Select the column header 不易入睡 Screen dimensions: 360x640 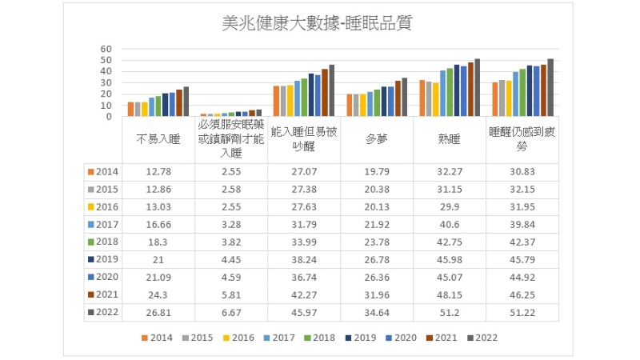coord(158,138)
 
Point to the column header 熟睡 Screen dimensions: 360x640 coord(450,138)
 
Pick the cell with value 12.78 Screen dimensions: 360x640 coord(158,171)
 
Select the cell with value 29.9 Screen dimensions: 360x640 coord(450,206)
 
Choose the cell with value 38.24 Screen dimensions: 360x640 coord(304,259)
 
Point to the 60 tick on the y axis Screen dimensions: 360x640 coord(106,49)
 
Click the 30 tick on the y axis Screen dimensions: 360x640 coord(106,82)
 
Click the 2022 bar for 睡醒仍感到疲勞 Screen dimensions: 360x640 coord(550,87)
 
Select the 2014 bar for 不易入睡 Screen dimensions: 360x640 coord(130,109)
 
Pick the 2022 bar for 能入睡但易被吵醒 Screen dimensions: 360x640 coord(332,90)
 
